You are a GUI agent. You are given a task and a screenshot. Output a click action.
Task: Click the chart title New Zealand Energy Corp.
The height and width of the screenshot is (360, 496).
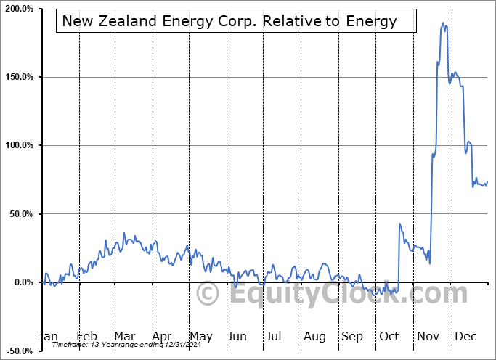click(229, 21)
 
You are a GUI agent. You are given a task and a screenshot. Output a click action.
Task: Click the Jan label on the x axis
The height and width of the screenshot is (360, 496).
click(47, 336)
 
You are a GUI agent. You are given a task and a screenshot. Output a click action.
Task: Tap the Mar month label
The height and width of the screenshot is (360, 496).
click(124, 336)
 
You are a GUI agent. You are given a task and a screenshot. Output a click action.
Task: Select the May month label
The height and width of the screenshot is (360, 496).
click(200, 336)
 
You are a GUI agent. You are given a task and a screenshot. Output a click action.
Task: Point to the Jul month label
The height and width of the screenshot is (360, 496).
click(274, 336)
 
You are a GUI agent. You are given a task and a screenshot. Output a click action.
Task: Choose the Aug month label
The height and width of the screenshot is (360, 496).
click(314, 336)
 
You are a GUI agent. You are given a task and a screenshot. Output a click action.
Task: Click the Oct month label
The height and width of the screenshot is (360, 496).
click(389, 336)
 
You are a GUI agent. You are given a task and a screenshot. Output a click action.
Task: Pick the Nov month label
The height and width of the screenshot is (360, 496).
click(428, 336)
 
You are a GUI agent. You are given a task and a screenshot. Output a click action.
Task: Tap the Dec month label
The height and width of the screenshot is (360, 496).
click(466, 336)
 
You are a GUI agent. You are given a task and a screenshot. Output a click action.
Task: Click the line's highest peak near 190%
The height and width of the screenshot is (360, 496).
click(443, 23)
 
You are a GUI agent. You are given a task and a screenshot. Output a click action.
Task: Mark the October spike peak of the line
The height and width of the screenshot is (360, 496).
click(400, 224)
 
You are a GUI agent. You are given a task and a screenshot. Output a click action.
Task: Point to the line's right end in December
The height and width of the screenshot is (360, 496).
click(487, 182)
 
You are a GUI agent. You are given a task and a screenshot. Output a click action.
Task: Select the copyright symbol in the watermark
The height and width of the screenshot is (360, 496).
click(208, 294)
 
